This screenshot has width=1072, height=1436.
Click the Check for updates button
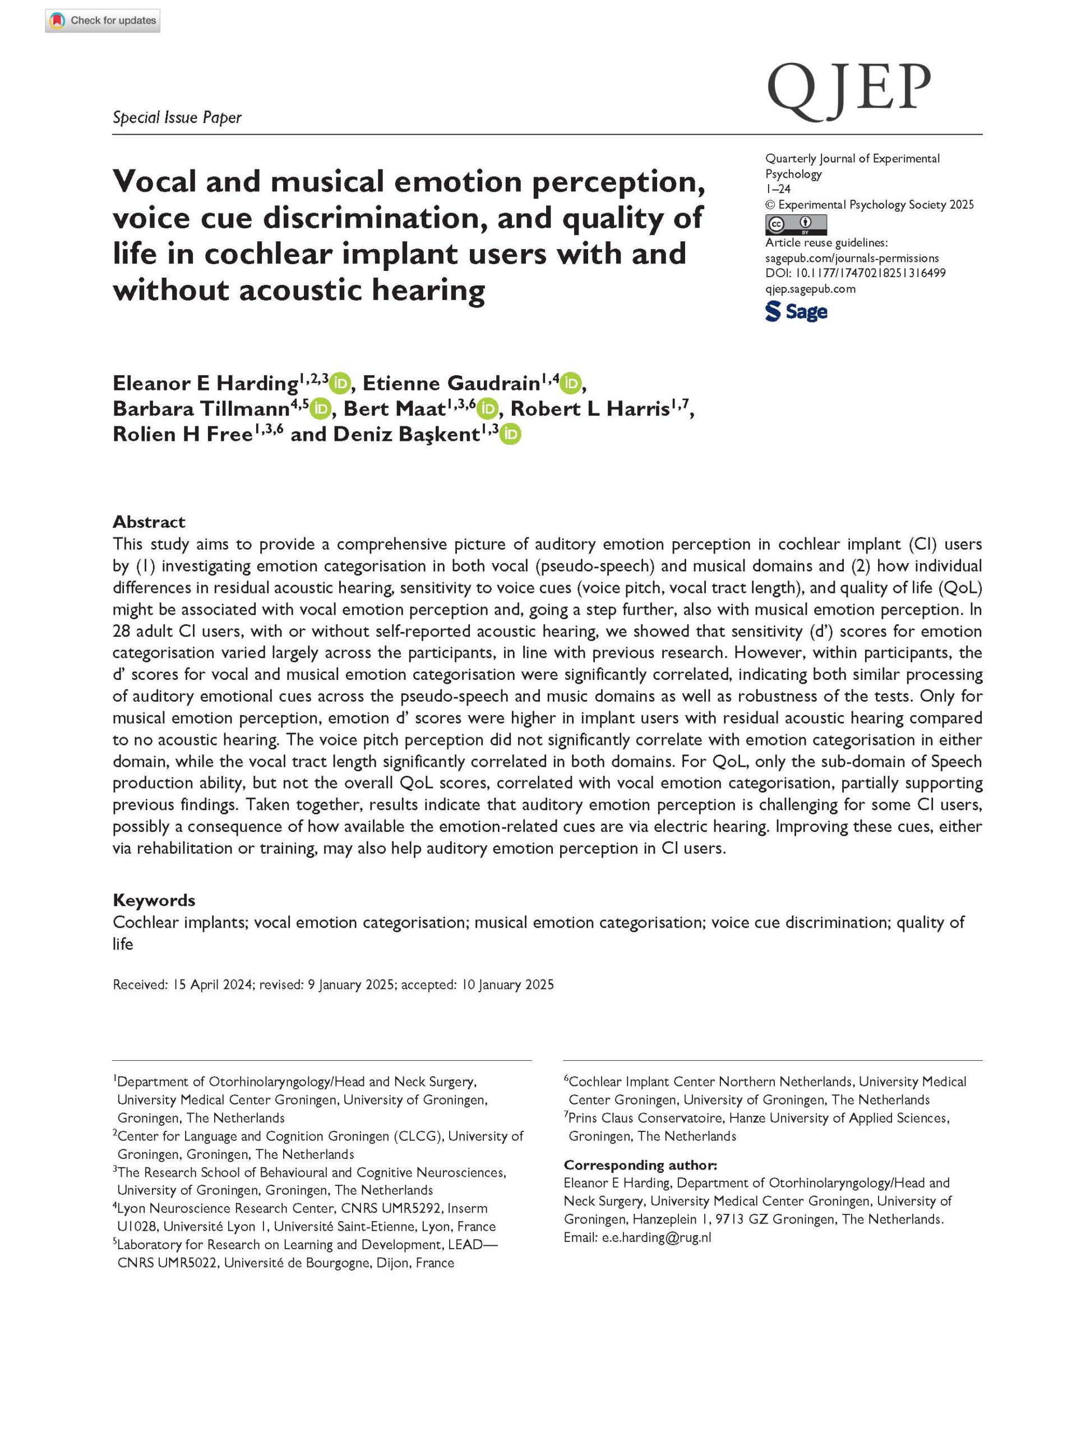pyautogui.click(x=103, y=21)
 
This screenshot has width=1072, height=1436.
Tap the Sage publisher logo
pyautogui.click(x=796, y=312)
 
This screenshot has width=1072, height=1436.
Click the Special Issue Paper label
pyautogui.click(x=177, y=117)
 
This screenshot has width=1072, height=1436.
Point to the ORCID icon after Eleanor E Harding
pyautogui.click(x=340, y=384)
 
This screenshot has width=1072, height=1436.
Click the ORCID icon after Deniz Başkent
pyautogui.click(x=511, y=434)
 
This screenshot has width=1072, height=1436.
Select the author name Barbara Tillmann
pyautogui.click(x=201, y=409)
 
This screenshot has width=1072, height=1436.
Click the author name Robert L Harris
pyautogui.click(x=590, y=409)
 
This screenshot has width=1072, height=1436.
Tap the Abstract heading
pyautogui.click(x=149, y=521)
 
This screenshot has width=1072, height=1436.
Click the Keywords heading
pyautogui.click(x=154, y=900)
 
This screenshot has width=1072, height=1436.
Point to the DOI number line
pyautogui.click(x=855, y=273)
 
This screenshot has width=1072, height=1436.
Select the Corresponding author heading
pyautogui.click(x=640, y=1165)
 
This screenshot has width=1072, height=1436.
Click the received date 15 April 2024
pyautogui.click(x=212, y=985)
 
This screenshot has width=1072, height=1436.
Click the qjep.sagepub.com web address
pyautogui.click(x=811, y=288)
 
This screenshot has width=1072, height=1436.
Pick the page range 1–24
pyautogui.click(x=778, y=189)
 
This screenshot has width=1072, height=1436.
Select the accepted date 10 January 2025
pyautogui.click(x=507, y=985)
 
